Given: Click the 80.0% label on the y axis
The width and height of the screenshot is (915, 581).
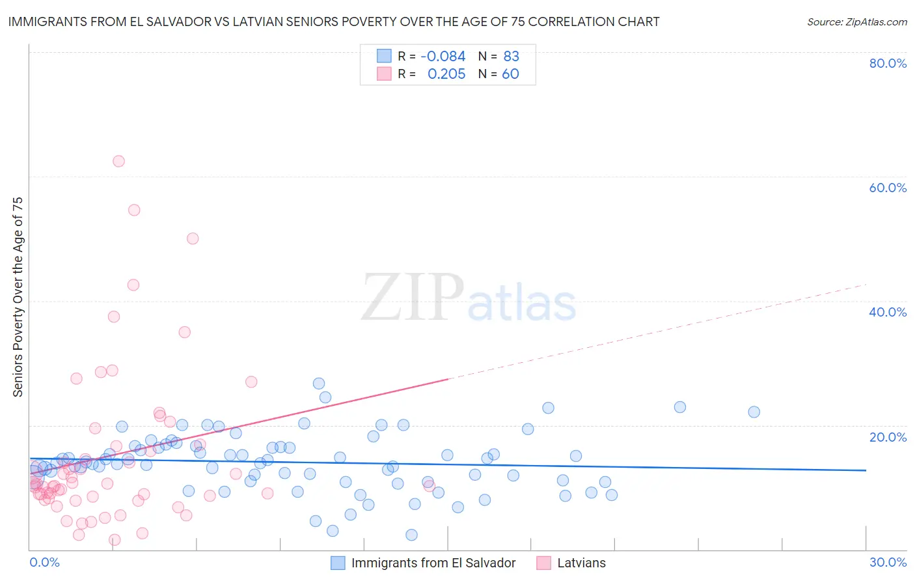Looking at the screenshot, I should tap(888, 63).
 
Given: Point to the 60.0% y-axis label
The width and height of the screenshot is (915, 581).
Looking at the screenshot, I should tap(888, 188).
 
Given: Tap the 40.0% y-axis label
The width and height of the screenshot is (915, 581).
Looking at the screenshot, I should tap(888, 312).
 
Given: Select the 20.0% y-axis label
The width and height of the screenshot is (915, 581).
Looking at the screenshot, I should tap(888, 437).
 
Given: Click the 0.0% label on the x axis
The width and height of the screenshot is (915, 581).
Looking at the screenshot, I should tap(44, 562).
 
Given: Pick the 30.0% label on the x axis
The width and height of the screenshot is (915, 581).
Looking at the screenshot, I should tap(888, 562).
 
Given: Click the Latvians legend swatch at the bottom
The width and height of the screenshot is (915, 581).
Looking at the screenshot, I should tap(544, 563).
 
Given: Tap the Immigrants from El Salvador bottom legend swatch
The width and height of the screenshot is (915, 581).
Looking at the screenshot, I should tap(338, 563).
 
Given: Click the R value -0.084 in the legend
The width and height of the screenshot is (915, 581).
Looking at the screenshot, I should tap(443, 57).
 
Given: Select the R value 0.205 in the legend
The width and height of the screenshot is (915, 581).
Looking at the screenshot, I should tap(446, 74).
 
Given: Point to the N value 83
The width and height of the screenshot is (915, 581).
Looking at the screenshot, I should tap(511, 57).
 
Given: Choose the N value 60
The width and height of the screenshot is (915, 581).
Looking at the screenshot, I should tap(510, 74).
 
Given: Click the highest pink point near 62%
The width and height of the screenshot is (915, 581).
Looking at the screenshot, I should tap(118, 161).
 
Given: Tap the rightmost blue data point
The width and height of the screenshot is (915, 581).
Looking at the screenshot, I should tap(754, 412).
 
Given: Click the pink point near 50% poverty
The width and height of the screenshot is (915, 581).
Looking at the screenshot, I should tap(193, 238).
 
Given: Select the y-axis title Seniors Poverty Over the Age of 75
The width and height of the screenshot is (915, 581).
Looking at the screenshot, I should tap(18, 297).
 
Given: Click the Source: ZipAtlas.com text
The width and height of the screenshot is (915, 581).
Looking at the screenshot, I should tap(856, 22).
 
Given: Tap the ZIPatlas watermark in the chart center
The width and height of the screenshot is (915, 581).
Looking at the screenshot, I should tap(469, 298).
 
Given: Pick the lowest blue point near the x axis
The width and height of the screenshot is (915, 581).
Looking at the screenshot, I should tap(411, 535).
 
